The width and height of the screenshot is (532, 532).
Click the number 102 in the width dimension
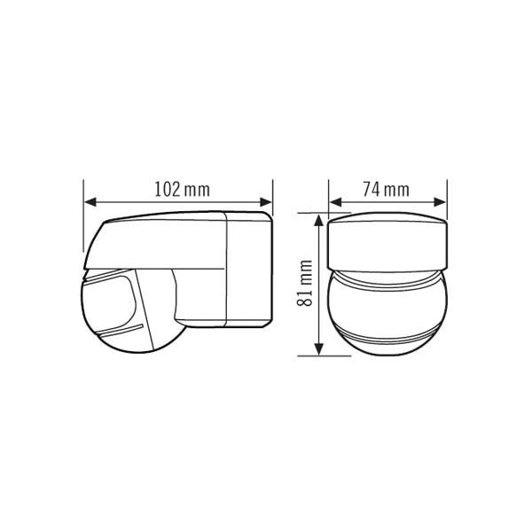(x=168, y=190)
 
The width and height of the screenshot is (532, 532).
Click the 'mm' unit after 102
(x=197, y=191)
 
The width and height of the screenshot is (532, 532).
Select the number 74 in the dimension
(x=372, y=190)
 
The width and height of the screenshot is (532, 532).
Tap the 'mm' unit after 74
(x=396, y=191)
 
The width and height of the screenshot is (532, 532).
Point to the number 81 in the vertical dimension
(x=305, y=298)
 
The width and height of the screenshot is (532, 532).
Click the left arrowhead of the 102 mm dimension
(x=90, y=202)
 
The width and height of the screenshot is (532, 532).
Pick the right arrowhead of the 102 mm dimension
(x=266, y=202)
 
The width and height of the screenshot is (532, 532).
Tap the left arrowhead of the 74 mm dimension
(x=335, y=202)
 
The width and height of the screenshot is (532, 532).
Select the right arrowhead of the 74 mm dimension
(x=440, y=202)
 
